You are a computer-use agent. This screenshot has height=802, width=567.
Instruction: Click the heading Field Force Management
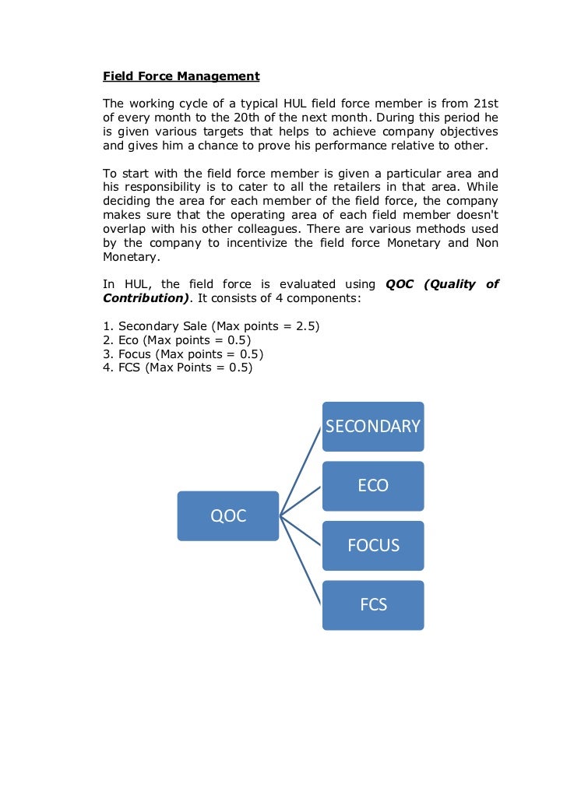pyautogui.click(x=181, y=76)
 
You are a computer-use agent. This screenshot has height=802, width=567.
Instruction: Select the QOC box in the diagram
pyautogui.click(x=227, y=515)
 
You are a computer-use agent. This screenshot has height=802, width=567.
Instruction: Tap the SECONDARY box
pyautogui.click(x=373, y=426)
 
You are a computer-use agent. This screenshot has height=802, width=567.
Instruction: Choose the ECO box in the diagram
pyautogui.click(x=373, y=486)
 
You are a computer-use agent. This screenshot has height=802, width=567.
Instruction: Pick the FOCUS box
pyautogui.click(x=373, y=545)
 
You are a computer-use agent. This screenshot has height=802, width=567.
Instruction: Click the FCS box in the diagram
pyautogui.click(x=373, y=605)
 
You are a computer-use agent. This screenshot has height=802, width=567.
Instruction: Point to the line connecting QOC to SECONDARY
pyautogui.click(x=301, y=470)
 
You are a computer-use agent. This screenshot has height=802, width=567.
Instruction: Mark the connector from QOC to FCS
pyautogui.click(x=301, y=560)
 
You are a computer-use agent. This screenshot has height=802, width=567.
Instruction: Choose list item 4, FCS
pyautogui.click(x=178, y=368)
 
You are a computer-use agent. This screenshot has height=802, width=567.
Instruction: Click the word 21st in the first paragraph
pyautogui.click(x=486, y=104)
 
